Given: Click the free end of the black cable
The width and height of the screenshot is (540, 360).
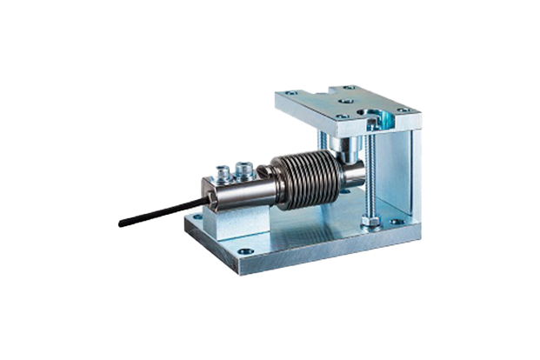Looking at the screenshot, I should pos(121,224).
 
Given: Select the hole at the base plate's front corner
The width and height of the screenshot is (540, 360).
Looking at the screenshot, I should pos(245,254).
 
